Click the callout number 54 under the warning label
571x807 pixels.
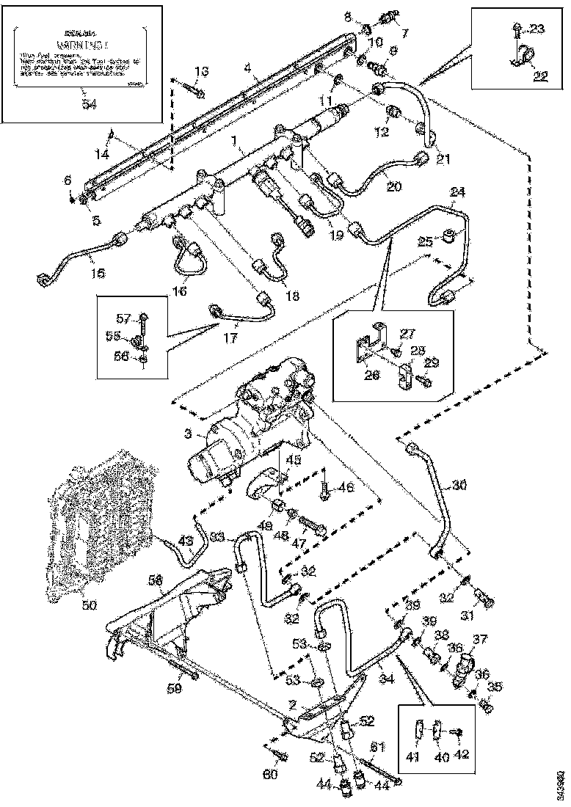click(x=90, y=105)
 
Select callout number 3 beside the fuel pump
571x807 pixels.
click(x=189, y=435)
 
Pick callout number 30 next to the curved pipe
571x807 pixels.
click(x=459, y=485)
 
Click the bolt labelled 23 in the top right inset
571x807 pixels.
click(x=516, y=30)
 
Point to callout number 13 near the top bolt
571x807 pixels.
click(x=202, y=72)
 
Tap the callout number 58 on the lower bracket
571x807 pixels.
click(x=155, y=580)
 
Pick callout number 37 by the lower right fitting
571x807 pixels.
click(x=479, y=640)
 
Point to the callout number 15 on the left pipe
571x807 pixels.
click(x=98, y=273)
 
